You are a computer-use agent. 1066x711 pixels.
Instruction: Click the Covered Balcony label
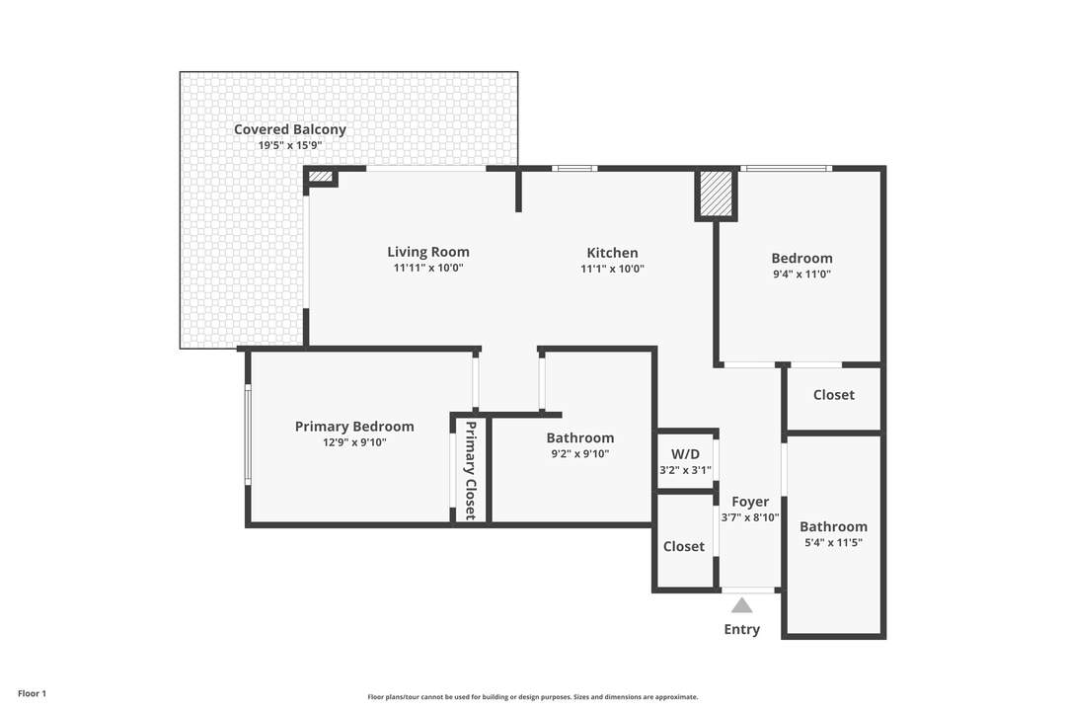click(x=289, y=129)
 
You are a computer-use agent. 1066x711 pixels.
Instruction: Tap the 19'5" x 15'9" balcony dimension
click(x=289, y=146)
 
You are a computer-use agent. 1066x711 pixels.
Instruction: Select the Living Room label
click(x=427, y=252)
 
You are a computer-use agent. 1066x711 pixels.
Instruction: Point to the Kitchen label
click(x=612, y=253)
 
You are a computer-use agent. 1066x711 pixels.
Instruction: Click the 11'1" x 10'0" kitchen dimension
click(x=612, y=269)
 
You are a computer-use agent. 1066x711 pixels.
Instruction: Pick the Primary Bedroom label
click(x=354, y=427)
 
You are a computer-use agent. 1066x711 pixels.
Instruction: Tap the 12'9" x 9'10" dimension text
click(x=354, y=442)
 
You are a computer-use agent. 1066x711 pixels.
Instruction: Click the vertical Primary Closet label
click(x=471, y=470)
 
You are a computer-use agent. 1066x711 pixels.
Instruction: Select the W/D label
click(x=685, y=454)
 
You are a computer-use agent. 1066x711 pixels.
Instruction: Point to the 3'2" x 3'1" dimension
click(x=685, y=470)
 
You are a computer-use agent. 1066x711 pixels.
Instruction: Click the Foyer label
click(x=750, y=502)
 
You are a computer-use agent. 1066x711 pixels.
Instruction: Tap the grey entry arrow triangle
click(x=742, y=604)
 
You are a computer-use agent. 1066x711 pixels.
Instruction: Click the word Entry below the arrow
click(x=742, y=630)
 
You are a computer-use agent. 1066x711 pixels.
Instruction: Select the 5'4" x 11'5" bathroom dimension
click(x=833, y=542)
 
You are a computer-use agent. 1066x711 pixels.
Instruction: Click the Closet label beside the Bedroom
click(x=833, y=395)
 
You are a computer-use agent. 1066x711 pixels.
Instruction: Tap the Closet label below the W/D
click(x=684, y=546)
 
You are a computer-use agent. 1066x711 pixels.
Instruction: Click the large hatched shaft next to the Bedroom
click(x=717, y=194)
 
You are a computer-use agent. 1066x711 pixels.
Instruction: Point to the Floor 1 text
click(x=32, y=694)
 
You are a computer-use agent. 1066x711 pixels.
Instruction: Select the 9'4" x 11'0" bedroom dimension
click(x=801, y=275)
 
